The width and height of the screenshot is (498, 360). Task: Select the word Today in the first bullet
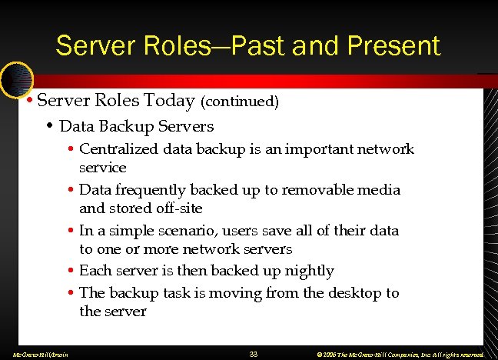pyautogui.click(x=174, y=101)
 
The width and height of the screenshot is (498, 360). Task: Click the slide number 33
pyautogui.click(x=254, y=354)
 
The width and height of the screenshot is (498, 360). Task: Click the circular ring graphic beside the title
pyautogui.click(x=15, y=79)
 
